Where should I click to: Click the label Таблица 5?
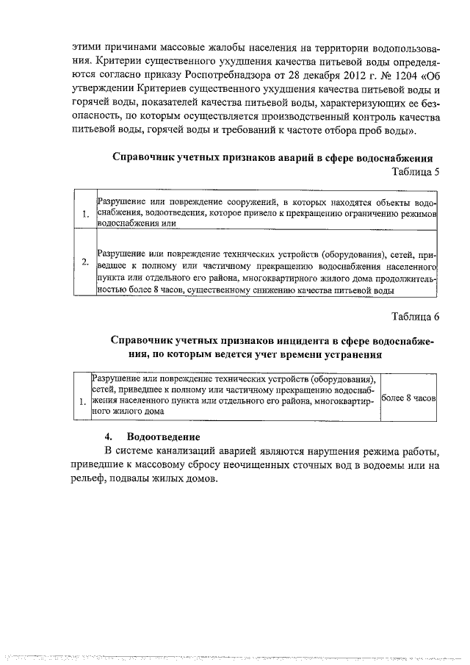click(416, 173)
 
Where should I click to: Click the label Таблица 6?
click(416, 317)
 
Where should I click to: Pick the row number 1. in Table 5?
click(86, 215)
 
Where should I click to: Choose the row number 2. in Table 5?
click(86, 262)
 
